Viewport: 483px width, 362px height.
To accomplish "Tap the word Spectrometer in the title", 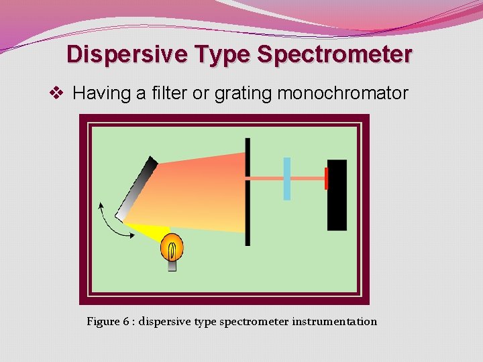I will [x=333, y=54].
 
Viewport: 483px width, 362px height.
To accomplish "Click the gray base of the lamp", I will [x=172, y=265].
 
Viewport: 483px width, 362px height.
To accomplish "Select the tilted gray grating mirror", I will [x=137, y=188].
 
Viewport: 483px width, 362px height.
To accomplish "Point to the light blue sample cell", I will [x=287, y=178].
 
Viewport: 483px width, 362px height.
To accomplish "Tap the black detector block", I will [x=337, y=194].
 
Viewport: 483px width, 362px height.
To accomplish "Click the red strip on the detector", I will [x=326, y=178].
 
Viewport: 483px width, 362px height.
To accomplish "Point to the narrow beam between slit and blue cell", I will [x=266, y=178].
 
